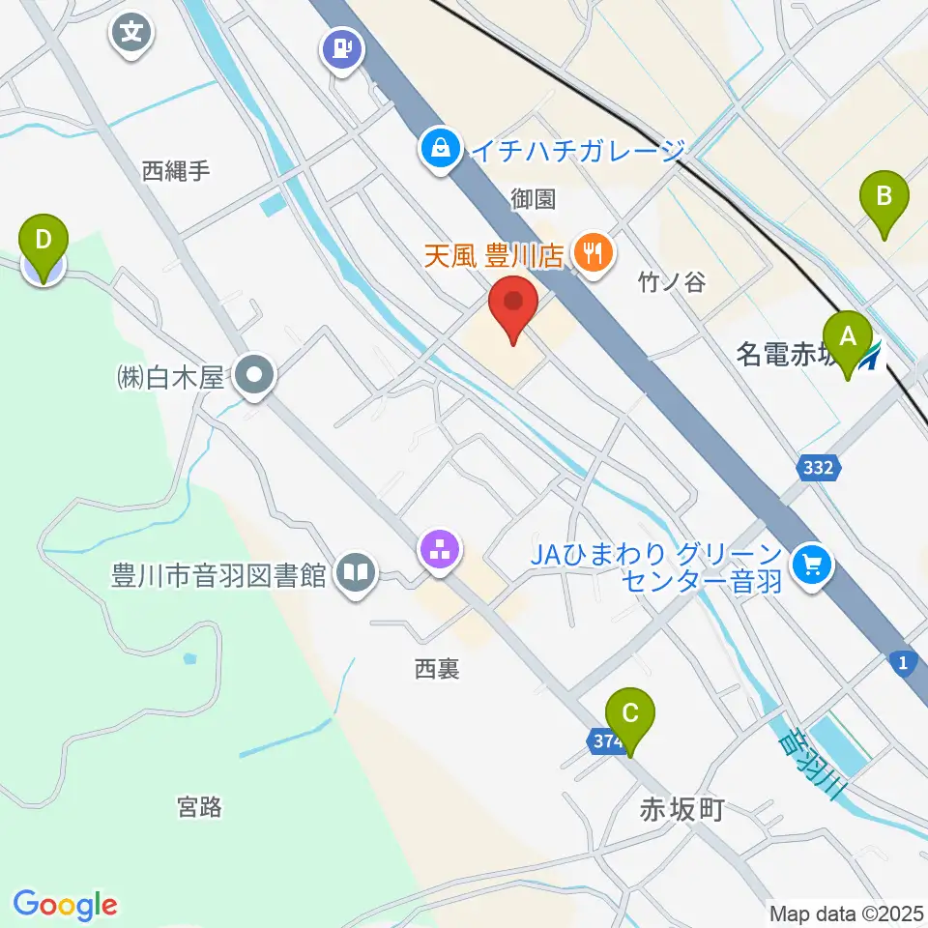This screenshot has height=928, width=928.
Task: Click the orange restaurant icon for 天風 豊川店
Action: tap(590, 255)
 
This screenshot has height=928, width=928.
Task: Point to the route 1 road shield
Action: tap(902, 660)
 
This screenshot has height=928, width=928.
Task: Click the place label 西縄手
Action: tap(176, 171)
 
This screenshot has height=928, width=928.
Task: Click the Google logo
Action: tap(65, 905)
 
